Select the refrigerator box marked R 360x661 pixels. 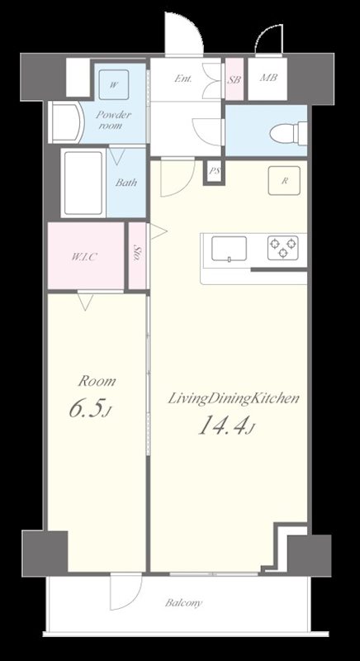click(x=284, y=180)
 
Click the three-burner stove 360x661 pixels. click(x=282, y=247)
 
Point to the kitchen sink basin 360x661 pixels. click(x=229, y=250)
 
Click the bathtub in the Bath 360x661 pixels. click(x=83, y=183)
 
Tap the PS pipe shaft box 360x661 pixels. click(x=215, y=172)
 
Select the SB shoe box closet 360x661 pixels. click(x=234, y=79)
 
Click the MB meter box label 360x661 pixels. click(x=268, y=78)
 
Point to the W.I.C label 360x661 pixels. click(x=84, y=257)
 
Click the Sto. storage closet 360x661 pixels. click(x=137, y=256)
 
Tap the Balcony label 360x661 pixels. click(x=183, y=603)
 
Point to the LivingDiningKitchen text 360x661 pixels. click(x=234, y=398)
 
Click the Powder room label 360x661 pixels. click(x=114, y=120)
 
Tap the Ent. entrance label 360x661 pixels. click(x=183, y=78)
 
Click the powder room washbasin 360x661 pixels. click(x=64, y=121)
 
